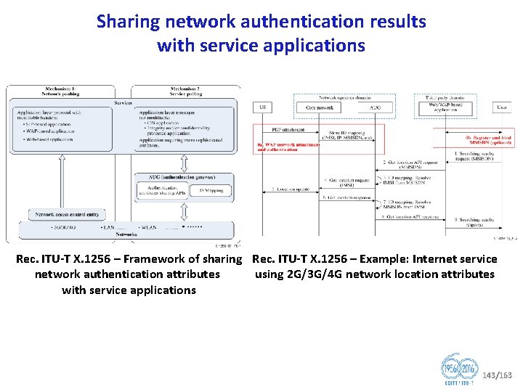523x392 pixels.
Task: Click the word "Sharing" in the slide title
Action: click(x=129, y=22)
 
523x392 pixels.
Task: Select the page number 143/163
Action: click(x=497, y=375)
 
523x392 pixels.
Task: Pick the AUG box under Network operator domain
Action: click(x=375, y=107)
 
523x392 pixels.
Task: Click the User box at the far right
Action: click(x=501, y=107)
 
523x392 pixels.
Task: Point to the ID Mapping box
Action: click(x=211, y=190)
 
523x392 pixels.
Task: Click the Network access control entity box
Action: click(x=67, y=215)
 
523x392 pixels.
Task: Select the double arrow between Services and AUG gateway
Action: click(x=185, y=163)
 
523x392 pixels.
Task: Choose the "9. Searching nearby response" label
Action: click(x=473, y=221)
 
